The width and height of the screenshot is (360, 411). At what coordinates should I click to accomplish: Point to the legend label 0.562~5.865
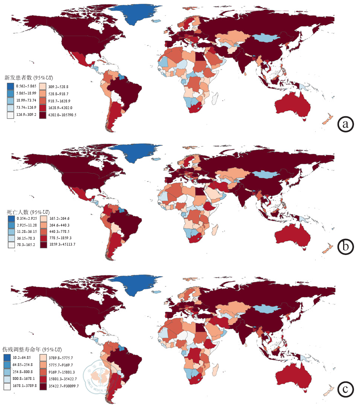click(x=24, y=86)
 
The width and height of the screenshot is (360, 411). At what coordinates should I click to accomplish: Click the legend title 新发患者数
click(x=18, y=78)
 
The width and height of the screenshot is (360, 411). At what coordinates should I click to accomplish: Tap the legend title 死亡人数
click(x=18, y=212)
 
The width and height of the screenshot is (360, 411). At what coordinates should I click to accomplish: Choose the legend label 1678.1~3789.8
click(x=26, y=387)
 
